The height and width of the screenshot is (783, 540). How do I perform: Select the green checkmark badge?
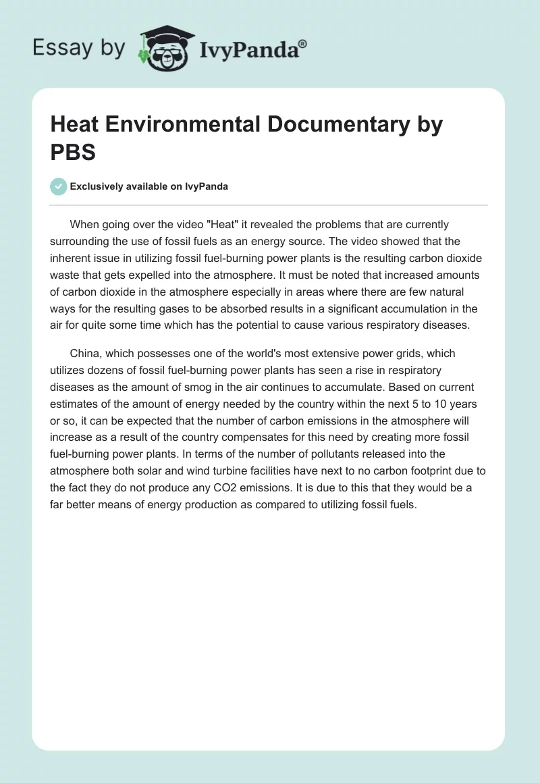tap(59, 186)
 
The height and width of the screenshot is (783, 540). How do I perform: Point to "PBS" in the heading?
tap(74, 152)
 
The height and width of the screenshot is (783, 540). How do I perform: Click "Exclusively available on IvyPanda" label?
tap(148, 187)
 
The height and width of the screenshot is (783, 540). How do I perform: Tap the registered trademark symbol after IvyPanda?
tap(303, 43)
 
